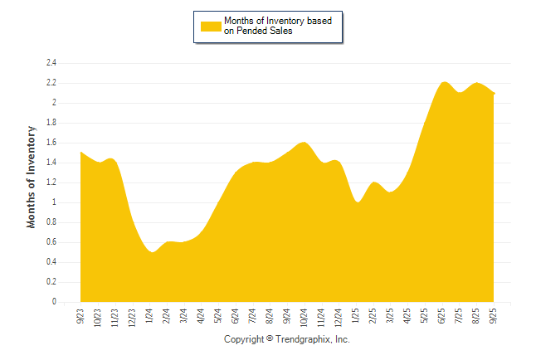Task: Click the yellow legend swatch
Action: [211, 26]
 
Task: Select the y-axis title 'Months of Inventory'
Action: [32, 177]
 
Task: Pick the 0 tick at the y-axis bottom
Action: [54, 302]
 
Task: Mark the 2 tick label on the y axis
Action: [54, 103]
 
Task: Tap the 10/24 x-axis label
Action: [305, 317]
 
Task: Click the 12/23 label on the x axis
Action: [132, 317]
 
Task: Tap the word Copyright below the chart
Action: [244, 340]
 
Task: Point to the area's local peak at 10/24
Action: [303, 143]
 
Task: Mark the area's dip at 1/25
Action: [357, 202]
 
